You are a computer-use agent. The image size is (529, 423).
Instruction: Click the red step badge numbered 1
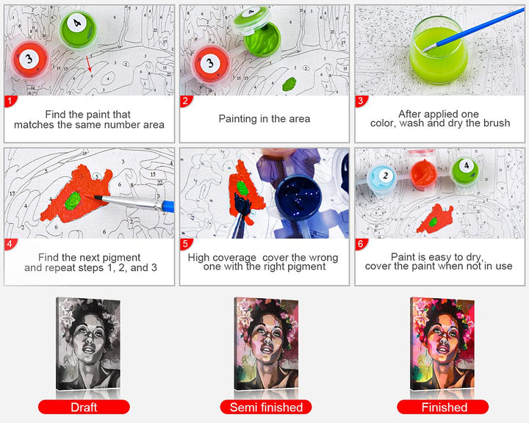pyautogui.click(x=10, y=101)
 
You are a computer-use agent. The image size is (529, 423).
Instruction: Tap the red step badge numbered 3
pyautogui.click(x=361, y=101)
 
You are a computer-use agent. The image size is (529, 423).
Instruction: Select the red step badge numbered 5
pyautogui.click(x=186, y=244)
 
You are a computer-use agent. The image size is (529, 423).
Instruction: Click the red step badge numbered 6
pyautogui.click(x=361, y=244)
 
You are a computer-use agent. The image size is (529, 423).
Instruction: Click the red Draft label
pyautogui.click(x=84, y=407)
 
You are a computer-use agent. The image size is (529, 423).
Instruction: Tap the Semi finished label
pyautogui.click(x=266, y=407)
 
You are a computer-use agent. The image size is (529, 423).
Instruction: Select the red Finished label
pyautogui.click(x=443, y=407)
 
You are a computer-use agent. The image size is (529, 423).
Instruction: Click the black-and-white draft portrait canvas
pyautogui.click(x=88, y=344)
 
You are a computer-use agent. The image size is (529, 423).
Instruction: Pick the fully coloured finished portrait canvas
pyautogui.click(x=442, y=344)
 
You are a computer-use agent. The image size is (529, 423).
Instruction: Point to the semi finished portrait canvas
pyautogui.click(x=266, y=344)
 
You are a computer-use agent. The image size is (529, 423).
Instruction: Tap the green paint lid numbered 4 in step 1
pyautogui.click(x=79, y=29)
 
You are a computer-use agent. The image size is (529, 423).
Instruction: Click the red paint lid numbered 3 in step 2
pyautogui.click(x=211, y=64)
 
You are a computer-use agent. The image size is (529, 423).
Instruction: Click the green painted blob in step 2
pyautogui.click(x=289, y=84)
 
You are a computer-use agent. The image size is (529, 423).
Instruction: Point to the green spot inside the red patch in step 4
pyautogui.click(x=73, y=201)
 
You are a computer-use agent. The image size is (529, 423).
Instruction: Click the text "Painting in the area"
pyautogui.click(x=264, y=119)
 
